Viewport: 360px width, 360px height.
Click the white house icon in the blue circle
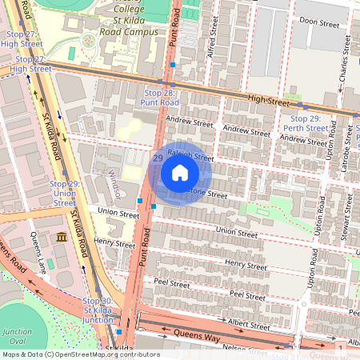coord(180,172)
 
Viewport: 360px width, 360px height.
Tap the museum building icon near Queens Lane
coord(62,238)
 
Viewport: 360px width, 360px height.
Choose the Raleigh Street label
coord(190,158)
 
